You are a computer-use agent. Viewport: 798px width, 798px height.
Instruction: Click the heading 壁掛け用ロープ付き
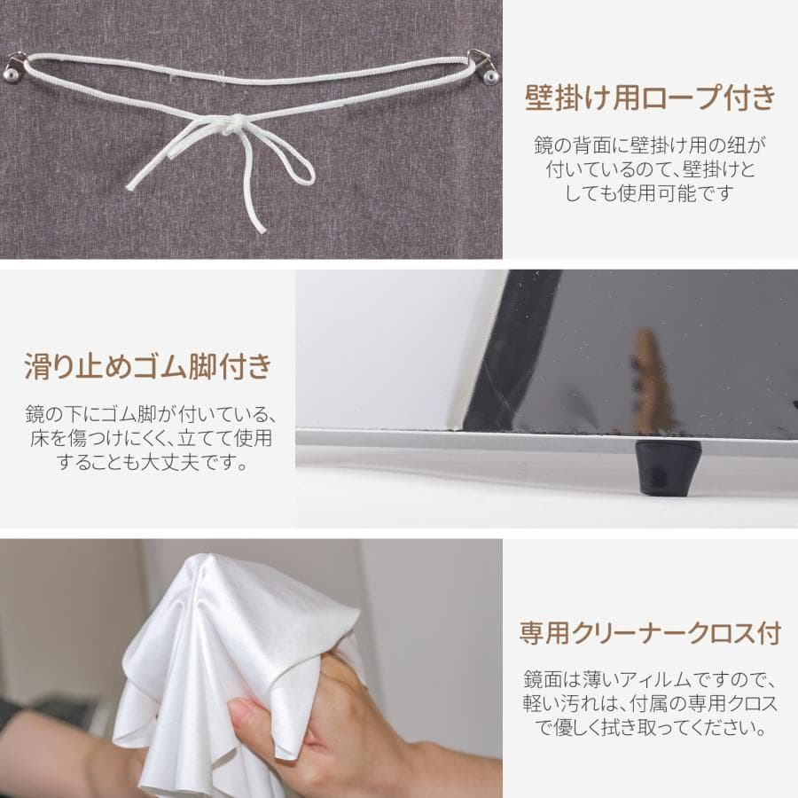pos(650,97)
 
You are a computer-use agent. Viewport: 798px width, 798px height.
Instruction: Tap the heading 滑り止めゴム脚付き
pos(147,365)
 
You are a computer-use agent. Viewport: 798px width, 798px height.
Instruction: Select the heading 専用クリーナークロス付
pos(650,633)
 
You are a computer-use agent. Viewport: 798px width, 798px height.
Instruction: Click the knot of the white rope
pos(228,129)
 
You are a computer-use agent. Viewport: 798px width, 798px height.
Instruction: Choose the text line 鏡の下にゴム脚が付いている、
pos(147,414)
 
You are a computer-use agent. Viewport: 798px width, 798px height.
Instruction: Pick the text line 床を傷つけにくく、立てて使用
pos(147,438)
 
